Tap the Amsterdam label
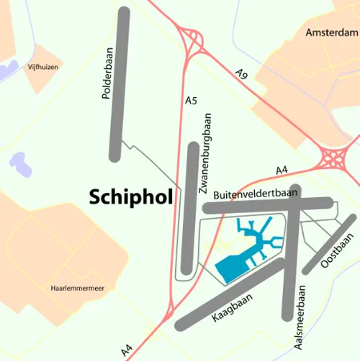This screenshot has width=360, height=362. (x=331, y=33)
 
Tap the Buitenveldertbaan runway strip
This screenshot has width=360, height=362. (x=266, y=207)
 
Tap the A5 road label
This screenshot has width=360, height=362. (x=191, y=101)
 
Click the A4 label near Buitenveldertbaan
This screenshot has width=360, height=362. (x=283, y=171)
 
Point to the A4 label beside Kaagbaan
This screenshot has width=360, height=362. (x=127, y=350)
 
